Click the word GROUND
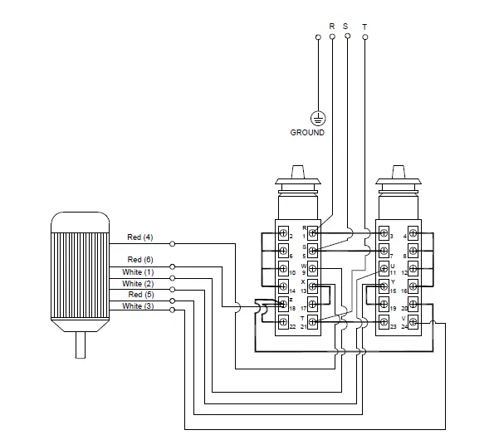[307, 133]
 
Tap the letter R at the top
[332, 26]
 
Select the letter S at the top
[345, 26]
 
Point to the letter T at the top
[364, 26]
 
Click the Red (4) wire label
[139, 237]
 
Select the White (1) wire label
[138, 272]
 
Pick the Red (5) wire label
[139, 295]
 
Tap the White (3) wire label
[138, 306]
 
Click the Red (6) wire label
[139, 260]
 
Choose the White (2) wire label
[138, 284]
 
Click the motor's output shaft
[81, 342]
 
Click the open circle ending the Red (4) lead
[172, 244]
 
